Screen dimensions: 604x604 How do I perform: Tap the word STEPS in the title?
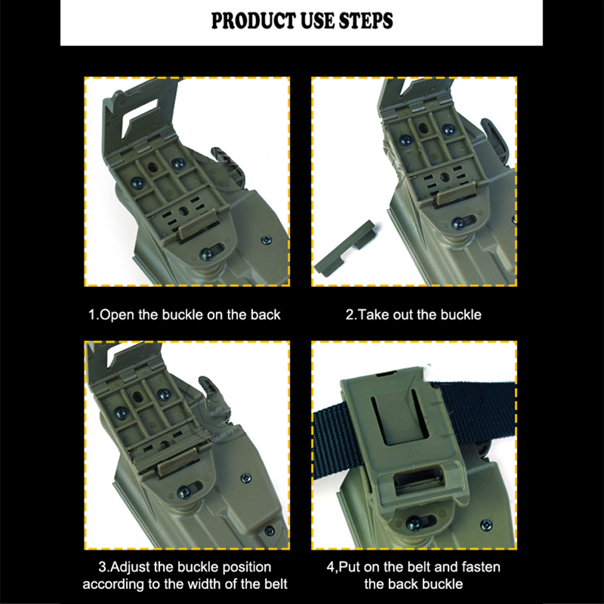(366, 21)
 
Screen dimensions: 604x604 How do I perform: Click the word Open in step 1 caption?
(117, 315)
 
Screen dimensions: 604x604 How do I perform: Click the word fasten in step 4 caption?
(481, 567)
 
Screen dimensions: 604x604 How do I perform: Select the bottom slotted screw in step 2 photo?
(458, 223)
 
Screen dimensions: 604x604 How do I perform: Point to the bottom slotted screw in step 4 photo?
(415, 523)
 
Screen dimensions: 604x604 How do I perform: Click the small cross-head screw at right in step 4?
(486, 524)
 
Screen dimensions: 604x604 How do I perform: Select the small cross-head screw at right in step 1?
(266, 240)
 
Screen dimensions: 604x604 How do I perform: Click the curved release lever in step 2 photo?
(497, 135)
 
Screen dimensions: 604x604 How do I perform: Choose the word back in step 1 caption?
(265, 315)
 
